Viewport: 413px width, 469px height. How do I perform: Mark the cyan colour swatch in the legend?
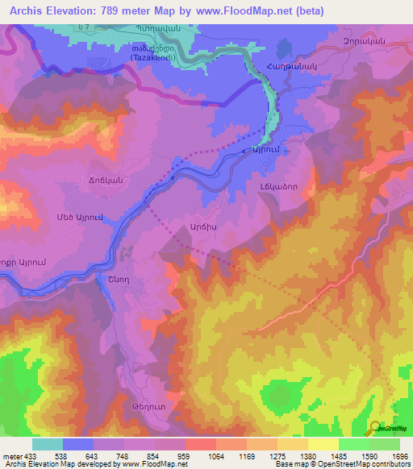click(x=48, y=443)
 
